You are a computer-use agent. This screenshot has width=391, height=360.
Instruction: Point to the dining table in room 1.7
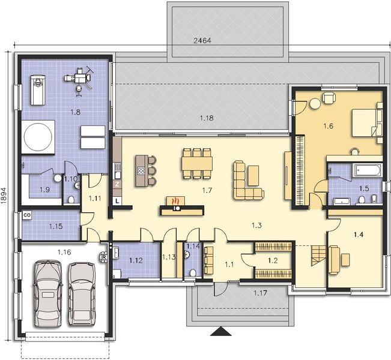(197, 163)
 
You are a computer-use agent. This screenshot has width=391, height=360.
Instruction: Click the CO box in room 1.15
(27, 214)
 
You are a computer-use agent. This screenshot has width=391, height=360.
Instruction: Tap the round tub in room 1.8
(39, 136)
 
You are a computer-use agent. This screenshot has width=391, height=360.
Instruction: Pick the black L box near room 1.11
(118, 200)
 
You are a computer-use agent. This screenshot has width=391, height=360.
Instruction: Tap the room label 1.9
(44, 190)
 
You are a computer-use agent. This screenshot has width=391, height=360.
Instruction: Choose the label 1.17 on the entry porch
(260, 292)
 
